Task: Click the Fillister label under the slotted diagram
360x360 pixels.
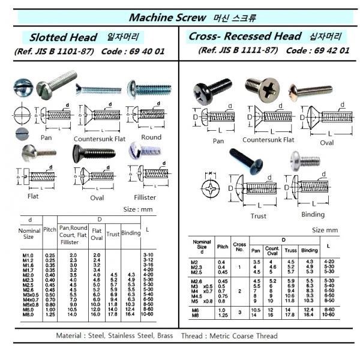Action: (147, 195)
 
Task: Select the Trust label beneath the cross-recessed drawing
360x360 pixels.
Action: (258, 216)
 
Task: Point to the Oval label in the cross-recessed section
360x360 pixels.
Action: (327, 143)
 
